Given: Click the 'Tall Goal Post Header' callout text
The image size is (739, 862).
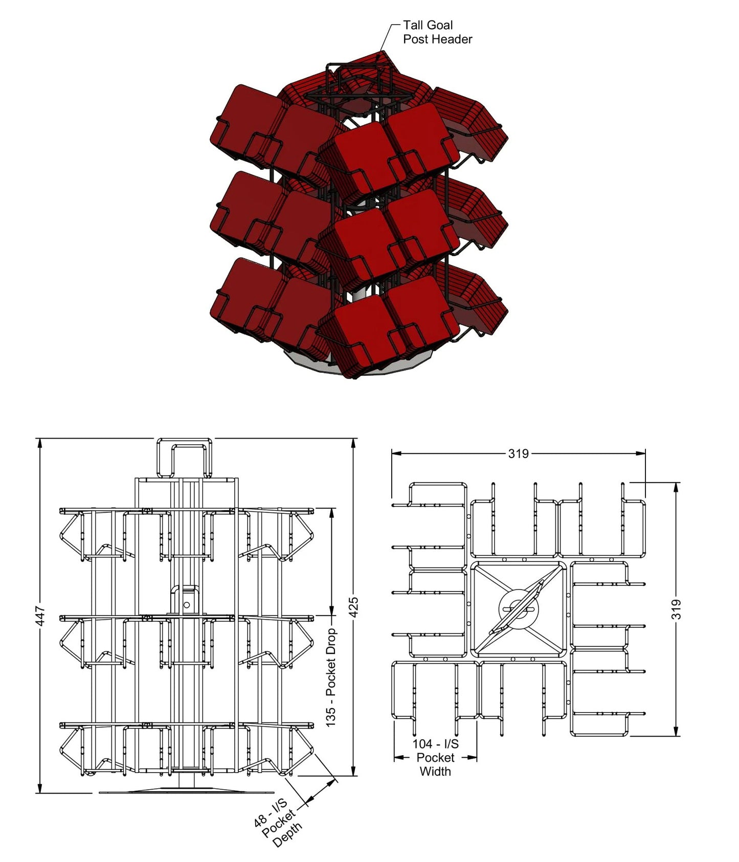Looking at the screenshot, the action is point(437,32).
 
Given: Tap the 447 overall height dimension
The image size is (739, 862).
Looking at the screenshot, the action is point(41,615).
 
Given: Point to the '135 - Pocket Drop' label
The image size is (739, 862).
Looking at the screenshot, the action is point(331,677).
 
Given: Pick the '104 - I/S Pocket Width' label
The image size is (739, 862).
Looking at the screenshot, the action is point(435,757).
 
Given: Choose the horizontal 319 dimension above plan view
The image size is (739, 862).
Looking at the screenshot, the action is point(518,453).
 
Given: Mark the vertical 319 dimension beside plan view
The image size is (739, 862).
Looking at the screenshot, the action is point(676,609).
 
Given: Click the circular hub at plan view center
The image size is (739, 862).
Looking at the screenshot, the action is point(518,608).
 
